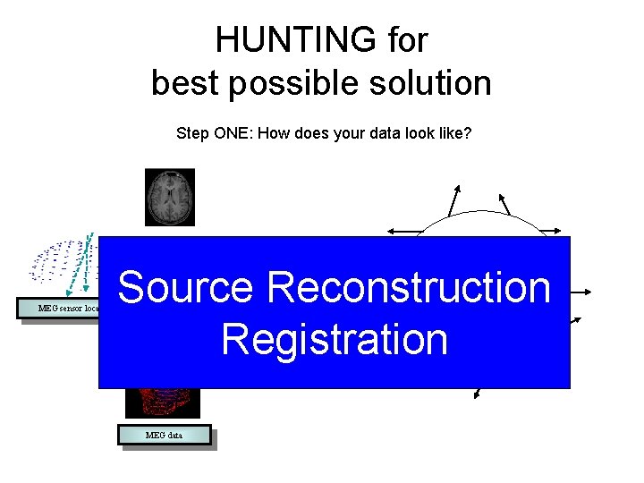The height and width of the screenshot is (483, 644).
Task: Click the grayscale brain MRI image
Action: click(x=170, y=197)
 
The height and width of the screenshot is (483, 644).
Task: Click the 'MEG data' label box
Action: click(x=165, y=436)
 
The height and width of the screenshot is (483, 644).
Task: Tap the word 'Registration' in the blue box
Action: click(x=335, y=339)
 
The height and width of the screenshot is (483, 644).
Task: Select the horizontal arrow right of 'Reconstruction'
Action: click(x=581, y=292)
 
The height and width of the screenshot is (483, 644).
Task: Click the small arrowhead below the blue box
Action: click(x=479, y=393)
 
